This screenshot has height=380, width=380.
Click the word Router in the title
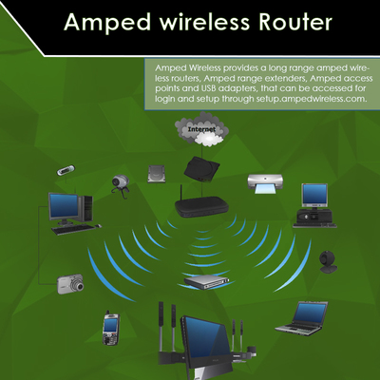pos(295,22)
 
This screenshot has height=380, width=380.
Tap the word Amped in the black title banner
pos(107,24)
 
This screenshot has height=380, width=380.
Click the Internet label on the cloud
pos(201,129)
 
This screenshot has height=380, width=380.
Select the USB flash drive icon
pos(66,170)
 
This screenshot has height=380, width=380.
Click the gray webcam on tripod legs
pos(120,186)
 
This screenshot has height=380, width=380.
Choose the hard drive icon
pos(157,174)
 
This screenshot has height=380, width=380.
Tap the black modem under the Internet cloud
pos(201,168)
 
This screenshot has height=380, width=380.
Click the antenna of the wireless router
pos(181,194)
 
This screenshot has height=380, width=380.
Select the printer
pos(265,183)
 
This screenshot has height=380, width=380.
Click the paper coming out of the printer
pos(265,189)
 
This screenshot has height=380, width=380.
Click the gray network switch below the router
pos(207,282)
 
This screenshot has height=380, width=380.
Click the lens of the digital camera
pos(78,286)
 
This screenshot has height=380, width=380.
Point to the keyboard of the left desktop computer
pos(73,229)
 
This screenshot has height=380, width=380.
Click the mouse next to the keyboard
pos(99,225)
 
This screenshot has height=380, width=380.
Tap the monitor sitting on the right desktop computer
pos(314,196)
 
